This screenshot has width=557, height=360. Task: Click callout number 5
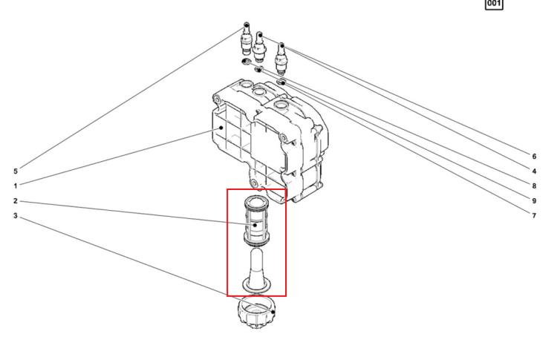(x=16, y=171)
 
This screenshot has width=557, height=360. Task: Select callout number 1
(x=16, y=186)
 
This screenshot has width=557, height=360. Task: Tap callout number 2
(x=16, y=201)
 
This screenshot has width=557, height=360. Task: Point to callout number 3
(x=16, y=216)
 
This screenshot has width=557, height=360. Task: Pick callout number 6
(x=534, y=157)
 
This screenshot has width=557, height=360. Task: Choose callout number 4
(x=534, y=171)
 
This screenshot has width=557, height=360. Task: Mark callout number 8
(x=534, y=186)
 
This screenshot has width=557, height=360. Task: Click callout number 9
(x=534, y=201)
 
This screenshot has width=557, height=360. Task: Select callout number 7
(x=534, y=216)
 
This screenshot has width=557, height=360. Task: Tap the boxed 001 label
(x=494, y=4)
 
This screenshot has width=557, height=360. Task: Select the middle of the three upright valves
(x=259, y=47)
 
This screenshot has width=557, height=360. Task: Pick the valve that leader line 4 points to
(x=281, y=58)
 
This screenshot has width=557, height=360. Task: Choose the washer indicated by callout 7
(x=281, y=82)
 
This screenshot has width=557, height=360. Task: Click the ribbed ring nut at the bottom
(x=256, y=312)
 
